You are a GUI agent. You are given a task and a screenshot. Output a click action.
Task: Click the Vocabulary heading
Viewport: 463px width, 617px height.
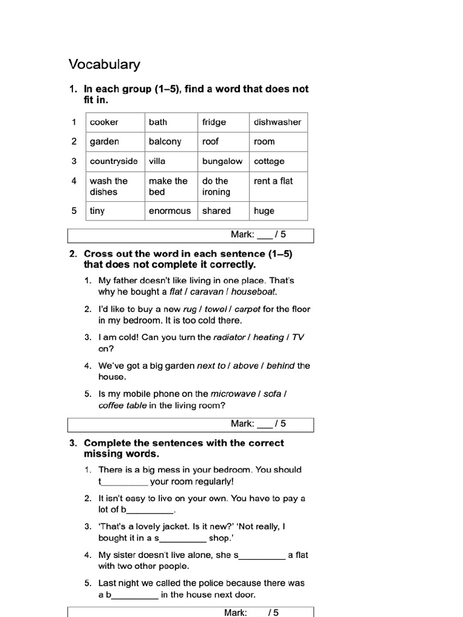pyautogui.click(x=104, y=64)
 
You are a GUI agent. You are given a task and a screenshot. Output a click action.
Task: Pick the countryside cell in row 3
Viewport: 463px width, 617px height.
pyautogui.click(x=113, y=161)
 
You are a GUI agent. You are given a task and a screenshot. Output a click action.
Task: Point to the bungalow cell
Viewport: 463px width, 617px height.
pyautogui.click(x=222, y=161)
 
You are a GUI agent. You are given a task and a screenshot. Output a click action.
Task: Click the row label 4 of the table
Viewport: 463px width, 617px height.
pyautogui.click(x=74, y=181)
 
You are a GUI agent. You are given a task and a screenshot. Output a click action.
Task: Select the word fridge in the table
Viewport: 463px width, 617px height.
pyautogui.click(x=214, y=122)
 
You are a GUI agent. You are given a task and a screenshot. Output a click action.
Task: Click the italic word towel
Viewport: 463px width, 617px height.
pyautogui.click(x=215, y=309)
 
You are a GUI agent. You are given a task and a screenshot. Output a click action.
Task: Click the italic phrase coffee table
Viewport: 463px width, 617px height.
pyautogui.click(x=122, y=406)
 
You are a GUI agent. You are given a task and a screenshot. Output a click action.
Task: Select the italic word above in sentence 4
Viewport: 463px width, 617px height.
pyautogui.click(x=245, y=366)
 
